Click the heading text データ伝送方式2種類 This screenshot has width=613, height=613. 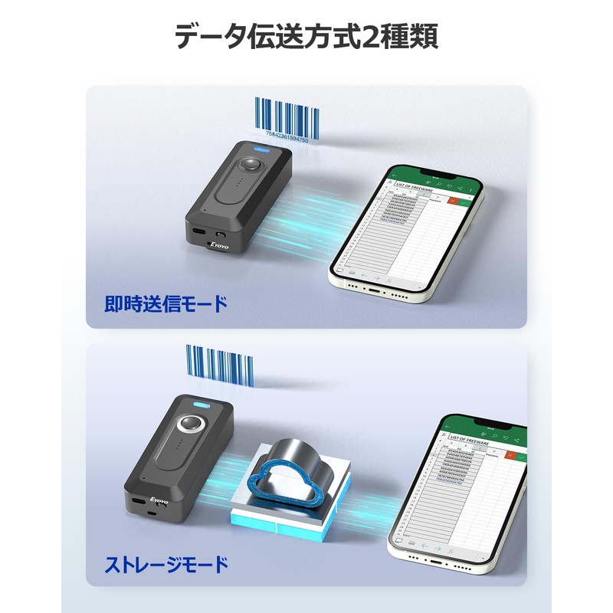pyautogui.click(x=306, y=36)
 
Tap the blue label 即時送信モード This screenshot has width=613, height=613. pyautogui.click(x=166, y=304)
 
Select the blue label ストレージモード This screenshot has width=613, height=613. pyautogui.click(x=166, y=566)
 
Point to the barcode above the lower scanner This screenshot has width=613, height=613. pyautogui.click(x=219, y=366)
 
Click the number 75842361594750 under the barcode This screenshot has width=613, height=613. pyautogui.click(x=286, y=140)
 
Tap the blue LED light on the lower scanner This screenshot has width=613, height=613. pyautogui.click(x=202, y=406)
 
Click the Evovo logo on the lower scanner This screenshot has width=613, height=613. pyautogui.click(x=159, y=500)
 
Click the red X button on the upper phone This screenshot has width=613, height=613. pyautogui.click(x=454, y=200)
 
